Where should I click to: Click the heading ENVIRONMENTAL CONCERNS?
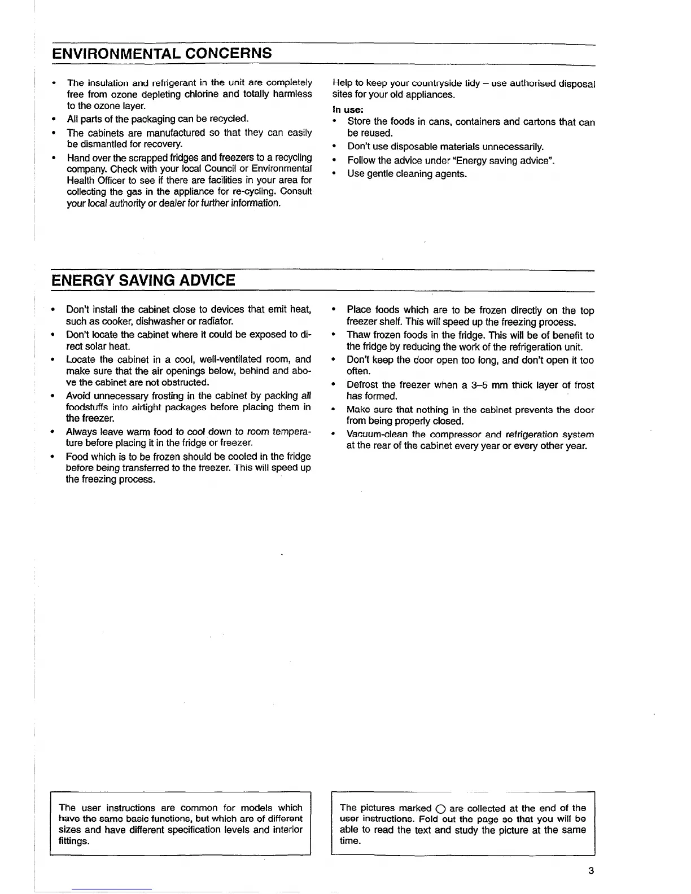click(161, 54)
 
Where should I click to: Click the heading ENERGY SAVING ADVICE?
click(143, 280)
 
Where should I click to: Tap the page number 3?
click(591, 870)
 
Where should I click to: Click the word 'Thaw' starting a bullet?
click(358, 335)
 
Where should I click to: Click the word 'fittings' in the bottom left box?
click(73, 841)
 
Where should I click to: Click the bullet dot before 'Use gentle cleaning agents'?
click(335, 173)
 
